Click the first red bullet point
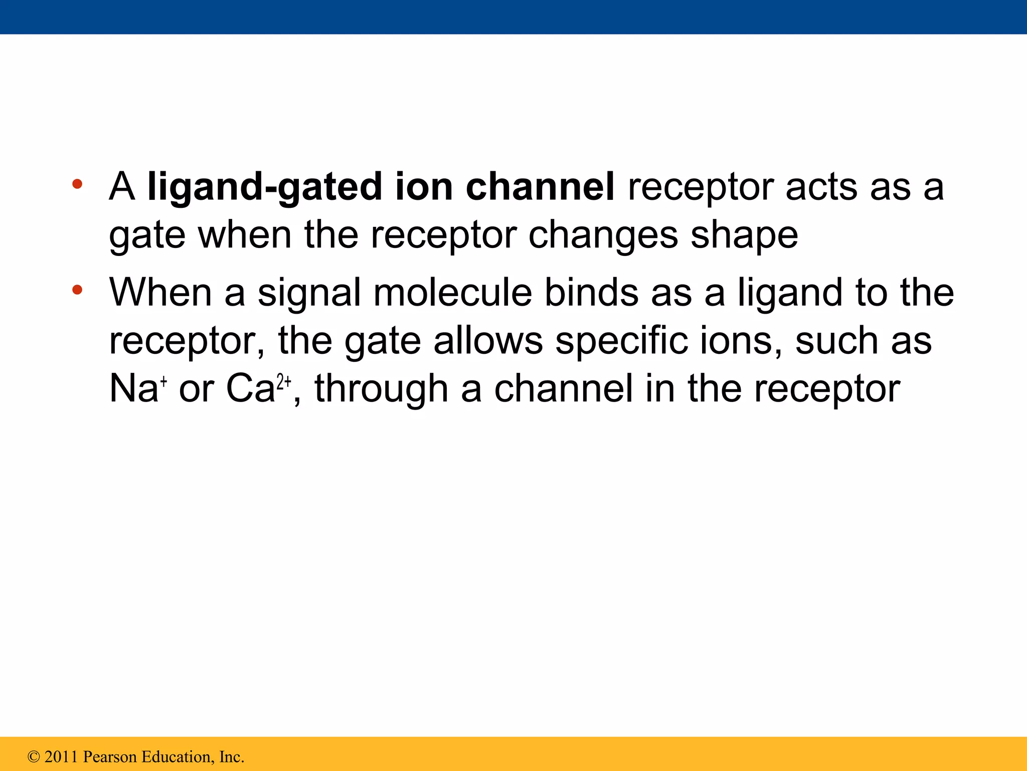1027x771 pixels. click(77, 184)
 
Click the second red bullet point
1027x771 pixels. click(77, 290)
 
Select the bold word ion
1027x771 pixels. click(424, 186)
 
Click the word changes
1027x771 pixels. click(603, 235)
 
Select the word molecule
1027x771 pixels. click(453, 292)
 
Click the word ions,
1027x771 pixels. click(741, 340)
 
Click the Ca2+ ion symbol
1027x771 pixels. click(259, 388)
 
